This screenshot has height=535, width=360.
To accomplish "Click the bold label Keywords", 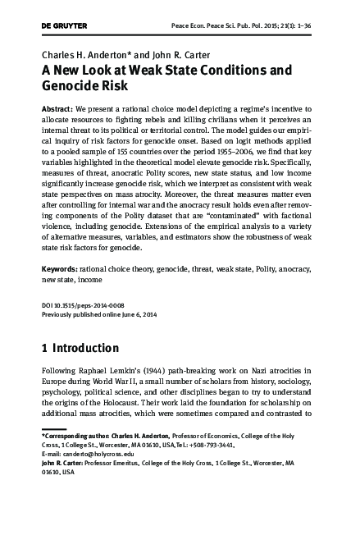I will click(60, 268).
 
